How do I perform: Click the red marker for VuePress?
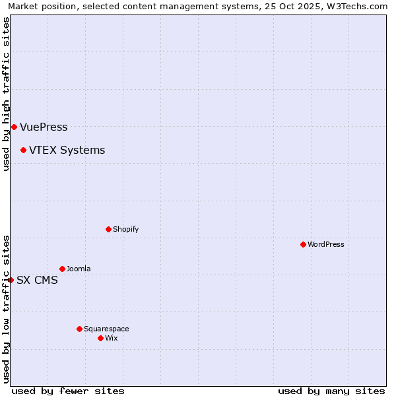point(14,127)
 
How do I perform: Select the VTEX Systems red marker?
point(23,150)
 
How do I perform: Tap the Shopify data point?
point(108,229)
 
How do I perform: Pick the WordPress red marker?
point(303,244)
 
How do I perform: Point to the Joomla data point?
point(62,269)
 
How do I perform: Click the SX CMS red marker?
point(11,280)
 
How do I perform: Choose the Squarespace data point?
point(79,329)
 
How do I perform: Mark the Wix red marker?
point(100,338)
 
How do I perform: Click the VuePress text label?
point(44,127)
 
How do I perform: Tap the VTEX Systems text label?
point(67,150)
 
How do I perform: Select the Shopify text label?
point(125,229)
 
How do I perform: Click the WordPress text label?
point(326,244)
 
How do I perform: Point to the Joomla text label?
point(79,269)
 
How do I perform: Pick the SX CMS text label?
point(37,280)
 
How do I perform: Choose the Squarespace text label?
point(106,329)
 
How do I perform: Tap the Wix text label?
point(112,338)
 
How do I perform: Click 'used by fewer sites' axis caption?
point(68,391)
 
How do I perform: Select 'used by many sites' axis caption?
point(331,391)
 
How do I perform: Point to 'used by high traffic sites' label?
point(6,94)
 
